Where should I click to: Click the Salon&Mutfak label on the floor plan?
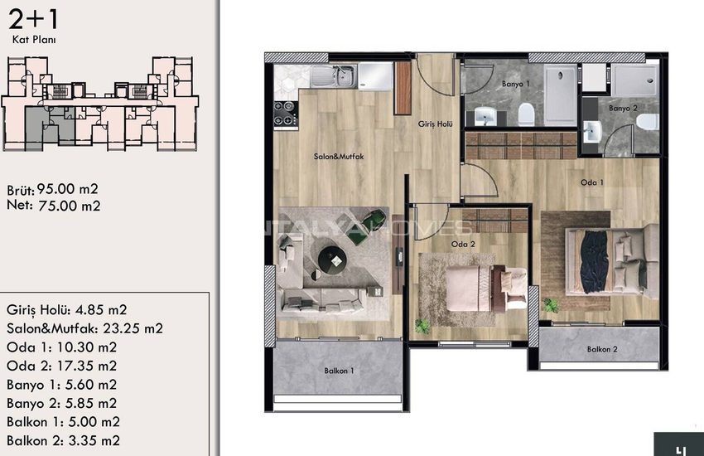(339, 157)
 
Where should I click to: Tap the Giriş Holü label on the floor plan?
(435, 124)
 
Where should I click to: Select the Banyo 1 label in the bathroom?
(516, 84)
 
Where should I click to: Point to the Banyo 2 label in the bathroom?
(623, 109)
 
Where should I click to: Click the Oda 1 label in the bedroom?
(591, 182)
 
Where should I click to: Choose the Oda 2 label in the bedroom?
(463, 244)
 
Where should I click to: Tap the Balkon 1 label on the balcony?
(339, 371)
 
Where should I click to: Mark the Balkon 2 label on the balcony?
(602, 349)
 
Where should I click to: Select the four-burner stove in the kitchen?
(285, 113)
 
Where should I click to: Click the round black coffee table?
(333, 260)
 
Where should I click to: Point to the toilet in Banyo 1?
(526, 114)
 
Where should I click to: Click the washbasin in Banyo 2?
(592, 132)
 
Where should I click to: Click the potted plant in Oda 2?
(422, 326)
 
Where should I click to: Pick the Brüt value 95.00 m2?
(67, 189)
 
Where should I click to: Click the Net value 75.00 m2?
(69, 206)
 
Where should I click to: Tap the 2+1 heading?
(33, 19)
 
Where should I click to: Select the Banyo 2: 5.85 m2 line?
(61, 403)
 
